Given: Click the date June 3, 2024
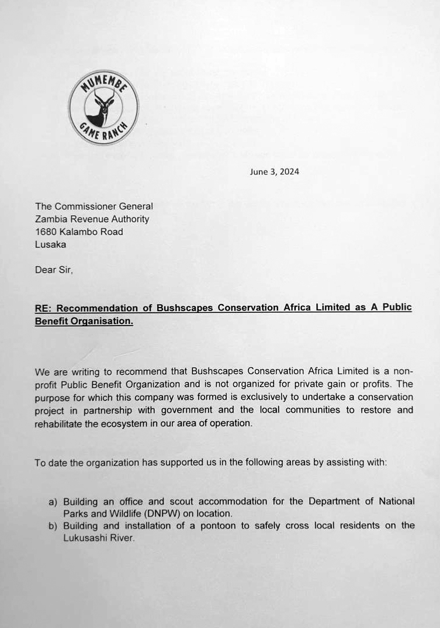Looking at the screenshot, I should tap(274, 172).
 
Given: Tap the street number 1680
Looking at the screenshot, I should tap(45, 232).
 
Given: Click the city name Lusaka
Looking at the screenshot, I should tap(50, 244).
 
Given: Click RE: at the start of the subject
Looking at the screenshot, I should tap(44, 308).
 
